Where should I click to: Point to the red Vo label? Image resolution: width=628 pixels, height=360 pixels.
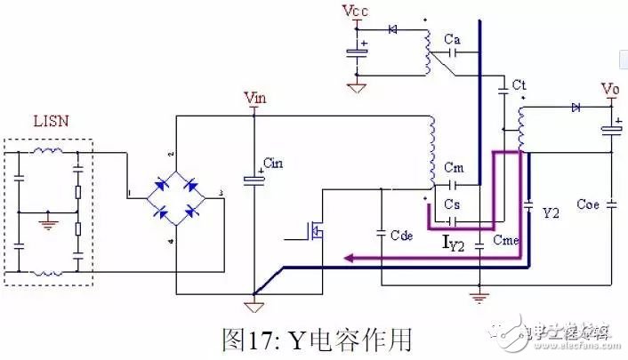pos(610,90)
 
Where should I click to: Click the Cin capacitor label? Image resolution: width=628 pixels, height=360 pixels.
pos(275,164)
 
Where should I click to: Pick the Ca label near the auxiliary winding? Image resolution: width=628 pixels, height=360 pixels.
pos(452,40)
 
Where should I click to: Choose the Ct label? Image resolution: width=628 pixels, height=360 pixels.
pos(519,84)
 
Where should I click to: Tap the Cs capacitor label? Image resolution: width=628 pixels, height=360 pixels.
pos(452,204)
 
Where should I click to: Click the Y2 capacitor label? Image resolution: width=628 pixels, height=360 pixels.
pos(552,213)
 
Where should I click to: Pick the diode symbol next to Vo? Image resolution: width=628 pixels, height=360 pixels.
pos(576,107)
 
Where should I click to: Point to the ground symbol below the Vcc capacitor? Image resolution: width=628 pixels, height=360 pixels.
pos(358,87)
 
